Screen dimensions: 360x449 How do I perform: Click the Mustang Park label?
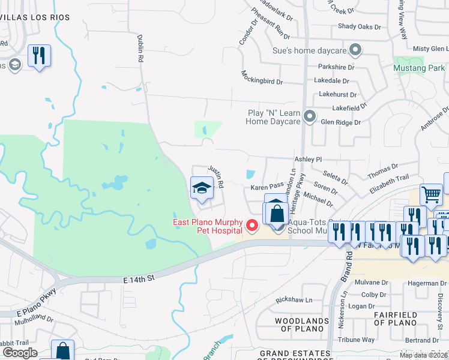tap(420, 68)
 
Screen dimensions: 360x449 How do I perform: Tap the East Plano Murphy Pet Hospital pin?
tap(253, 226)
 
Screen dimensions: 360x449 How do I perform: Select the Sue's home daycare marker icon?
tap(356, 50)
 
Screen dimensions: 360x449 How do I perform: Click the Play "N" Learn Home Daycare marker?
tap(310, 116)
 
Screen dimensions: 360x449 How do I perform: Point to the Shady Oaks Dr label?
tap(360, 26)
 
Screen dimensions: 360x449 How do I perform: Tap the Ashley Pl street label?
tap(309, 160)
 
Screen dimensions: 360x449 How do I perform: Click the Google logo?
tap(20, 353)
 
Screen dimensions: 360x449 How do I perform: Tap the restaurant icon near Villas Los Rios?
tap(39, 56)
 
